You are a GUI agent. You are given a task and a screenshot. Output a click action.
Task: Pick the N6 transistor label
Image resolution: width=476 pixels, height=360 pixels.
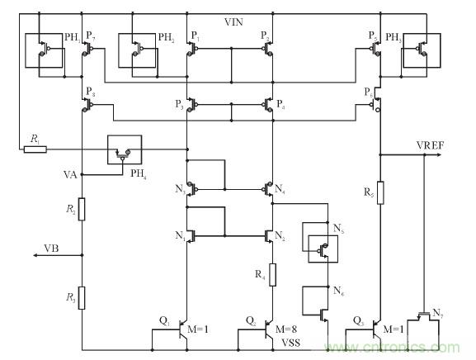[337, 291]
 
